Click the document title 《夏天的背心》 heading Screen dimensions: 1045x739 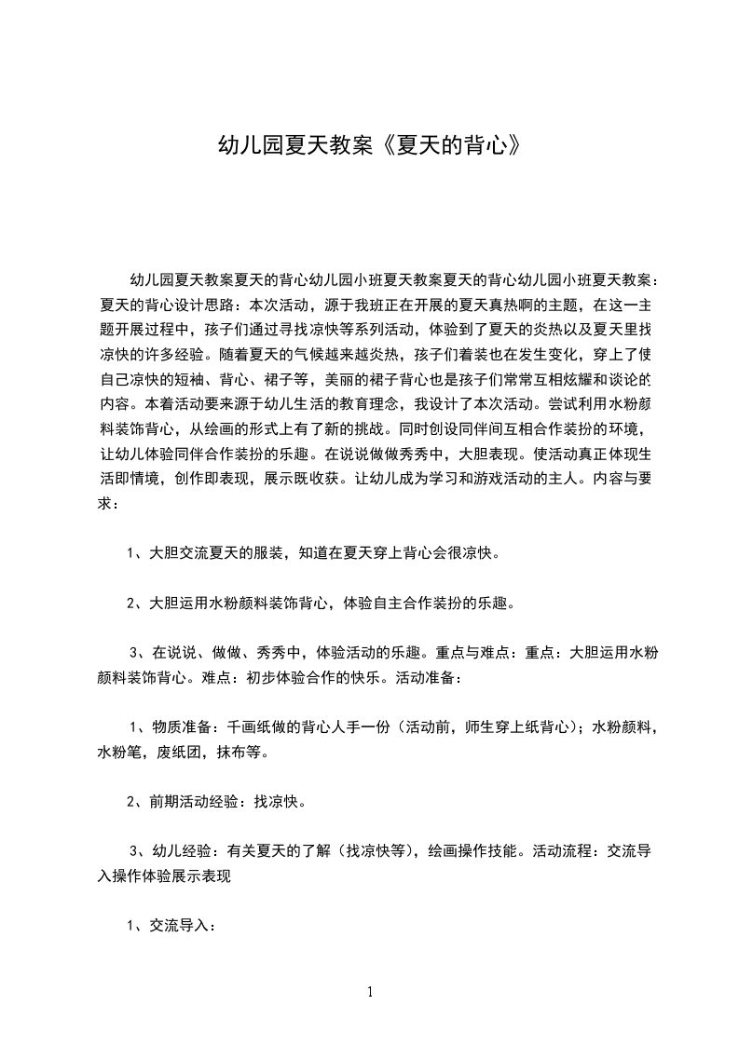coord(369,146)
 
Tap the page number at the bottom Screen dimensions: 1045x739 coord(370,992)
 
